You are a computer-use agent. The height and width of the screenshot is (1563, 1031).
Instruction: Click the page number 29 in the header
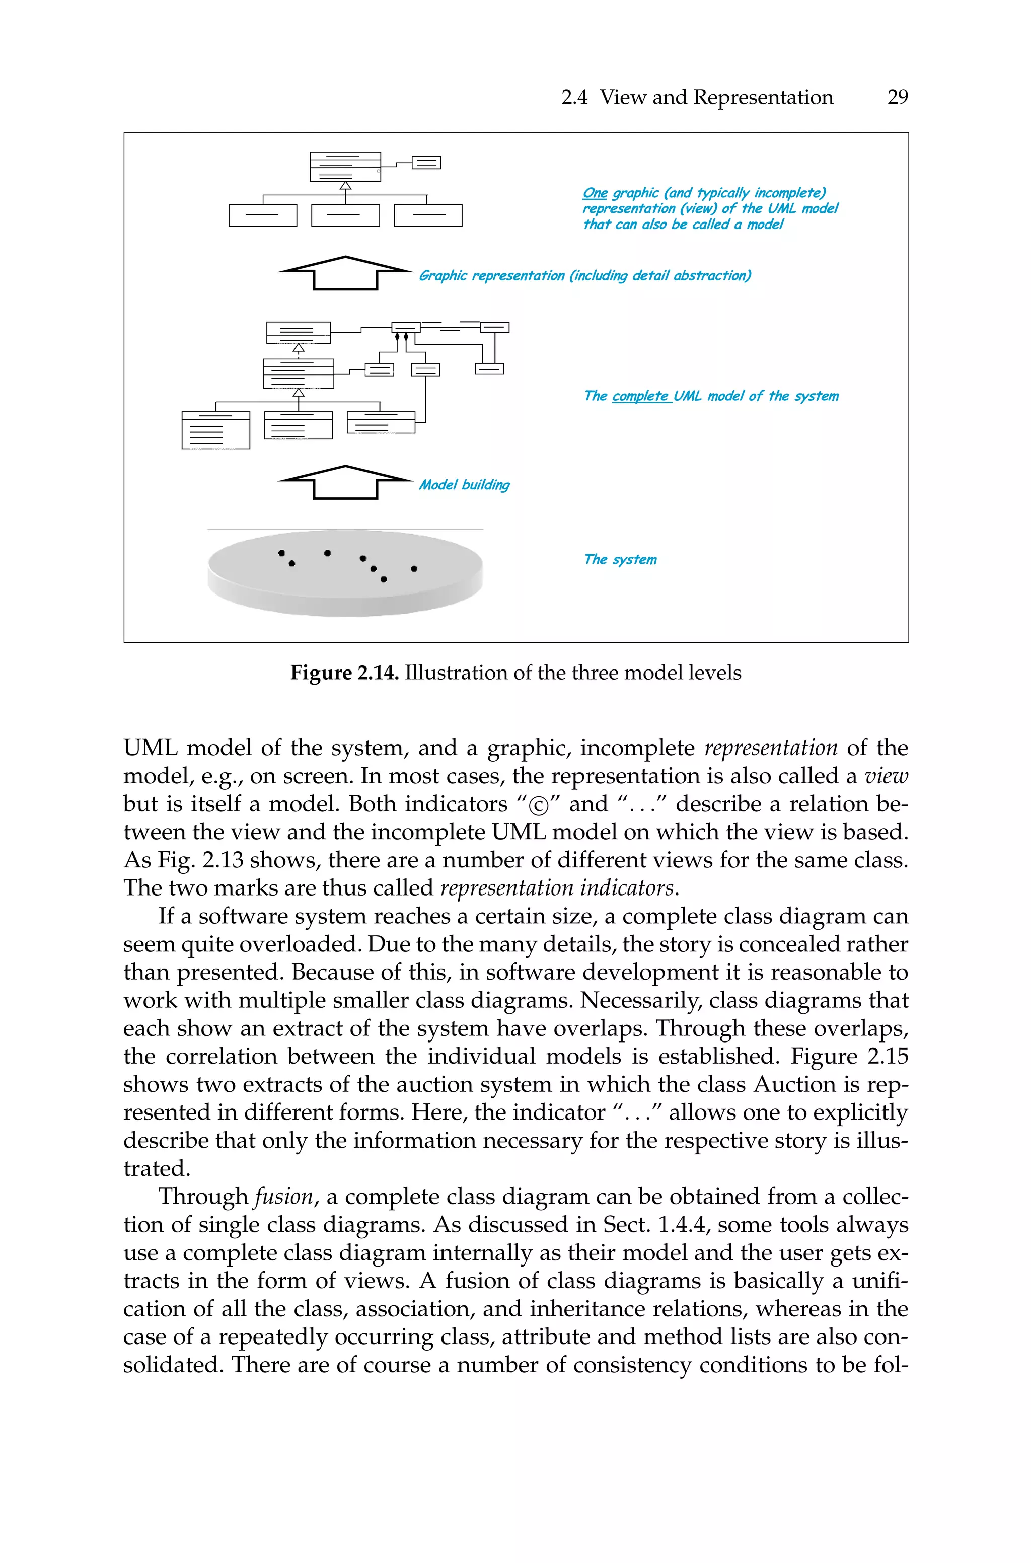[897, 97]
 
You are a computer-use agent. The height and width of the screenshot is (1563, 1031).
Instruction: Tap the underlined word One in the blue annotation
[595, 193]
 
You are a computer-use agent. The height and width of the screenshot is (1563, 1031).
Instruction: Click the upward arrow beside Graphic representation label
[345, 272]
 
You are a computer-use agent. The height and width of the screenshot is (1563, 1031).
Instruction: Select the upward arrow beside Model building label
[345, 482]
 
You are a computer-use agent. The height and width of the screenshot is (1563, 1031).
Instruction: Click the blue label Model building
[464, 485]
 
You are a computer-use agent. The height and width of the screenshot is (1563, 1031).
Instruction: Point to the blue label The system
[620, 559]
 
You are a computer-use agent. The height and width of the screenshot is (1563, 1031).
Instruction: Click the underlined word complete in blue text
[640, 396]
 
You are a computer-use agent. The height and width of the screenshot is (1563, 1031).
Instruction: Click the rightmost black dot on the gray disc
[414, 568]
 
